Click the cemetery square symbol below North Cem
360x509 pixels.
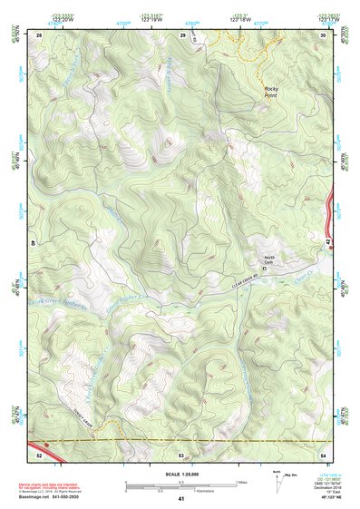(265, 269)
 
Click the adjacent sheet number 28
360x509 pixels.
(39, 34)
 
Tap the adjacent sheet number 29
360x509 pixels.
(182, 34)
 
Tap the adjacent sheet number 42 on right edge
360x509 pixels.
(327, 243)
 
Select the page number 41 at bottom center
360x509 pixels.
(181, 500)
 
